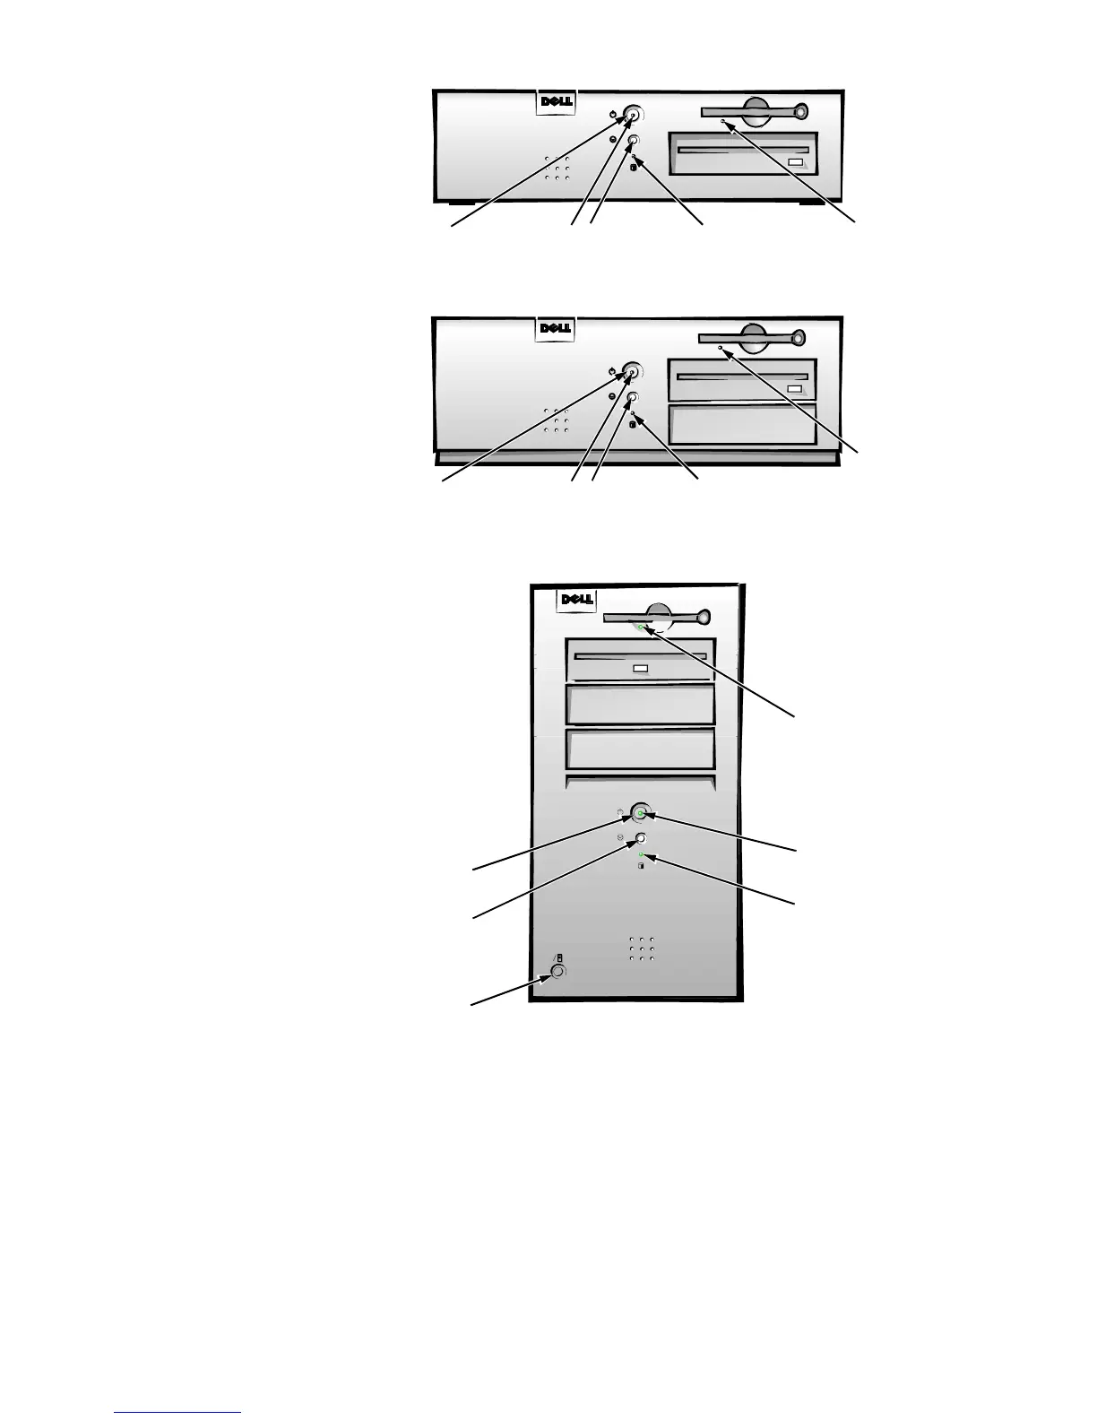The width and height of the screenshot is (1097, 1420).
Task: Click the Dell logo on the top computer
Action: pyautogui.click(x=556, y=101)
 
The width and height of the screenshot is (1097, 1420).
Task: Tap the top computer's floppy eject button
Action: pyautogui.click(x=798, y=112)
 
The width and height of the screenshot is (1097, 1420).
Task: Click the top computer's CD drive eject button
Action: pyautogui.click(x=795, y=162)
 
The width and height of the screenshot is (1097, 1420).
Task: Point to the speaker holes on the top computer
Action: pyautogui.click(x=557, y=168)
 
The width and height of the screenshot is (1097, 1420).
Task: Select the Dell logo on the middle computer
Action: pyautogui.click(x=556, y=328)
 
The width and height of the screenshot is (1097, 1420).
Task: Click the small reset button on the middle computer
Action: pyautogui.click(x=634, y=397)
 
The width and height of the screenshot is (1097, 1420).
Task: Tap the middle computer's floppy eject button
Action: pyautogui.click(x=798, y=338)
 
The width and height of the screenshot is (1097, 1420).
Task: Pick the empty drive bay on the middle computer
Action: pyautogui.click(x=742, y=425)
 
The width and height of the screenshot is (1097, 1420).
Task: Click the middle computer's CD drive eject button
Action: pyautogui.click(x=794, y=388)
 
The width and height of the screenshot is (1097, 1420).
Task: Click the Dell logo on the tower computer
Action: pyautogui.click(x=578, y=600)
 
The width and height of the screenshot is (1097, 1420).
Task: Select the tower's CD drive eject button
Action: pyautogui.click(x=640, y=669)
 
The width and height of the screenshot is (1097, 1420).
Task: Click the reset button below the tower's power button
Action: pyautogui.click(x=641, y=839)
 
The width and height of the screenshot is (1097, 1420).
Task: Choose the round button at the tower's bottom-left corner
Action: pyautogui.click(x=557, y=972)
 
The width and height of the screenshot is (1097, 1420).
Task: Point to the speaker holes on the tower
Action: pyautogui.click(x=642, y=949)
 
